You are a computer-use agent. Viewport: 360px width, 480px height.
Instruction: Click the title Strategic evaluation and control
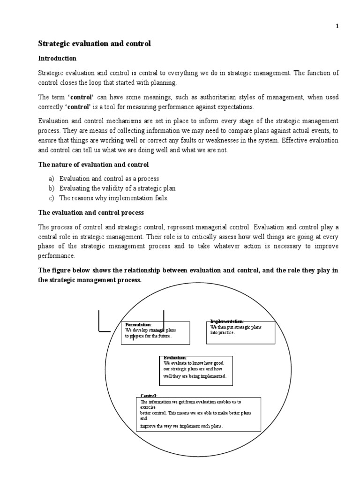click(x=94, y=44)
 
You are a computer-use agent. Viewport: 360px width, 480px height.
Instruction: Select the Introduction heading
click(x=57, y=59)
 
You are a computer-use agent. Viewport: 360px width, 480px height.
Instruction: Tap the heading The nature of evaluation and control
click(x=93, y=165)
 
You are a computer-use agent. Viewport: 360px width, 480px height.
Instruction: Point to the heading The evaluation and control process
click(x=90, y=212)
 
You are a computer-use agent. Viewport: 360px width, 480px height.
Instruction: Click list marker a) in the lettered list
click(x=51, y=179)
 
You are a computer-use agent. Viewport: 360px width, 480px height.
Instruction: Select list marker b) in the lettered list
click(x=51, y=188)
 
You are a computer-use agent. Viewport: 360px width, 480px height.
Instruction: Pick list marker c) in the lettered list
click(x=51, y=198)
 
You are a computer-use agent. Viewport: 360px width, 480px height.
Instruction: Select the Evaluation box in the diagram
click(x=196, y=371)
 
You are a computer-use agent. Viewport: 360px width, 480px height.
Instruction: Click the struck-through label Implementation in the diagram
click(x=227, y=321)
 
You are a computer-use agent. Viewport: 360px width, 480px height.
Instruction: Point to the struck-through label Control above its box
click(x=149, y=396)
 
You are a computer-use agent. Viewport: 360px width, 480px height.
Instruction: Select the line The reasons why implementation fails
click(x=114, y=198)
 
